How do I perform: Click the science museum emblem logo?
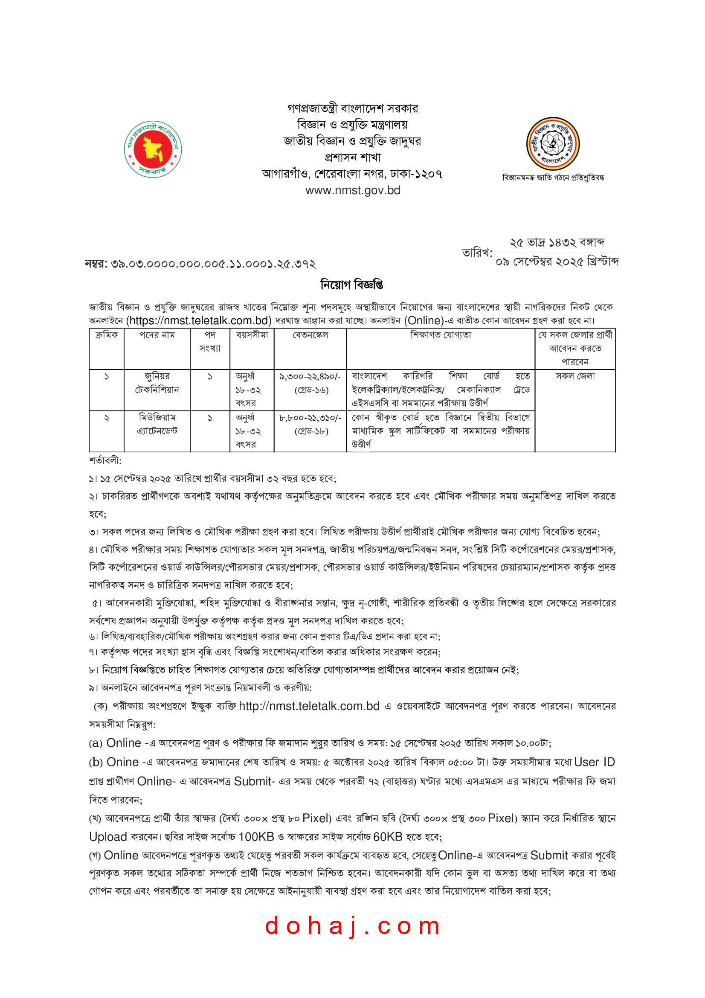pos(553,143)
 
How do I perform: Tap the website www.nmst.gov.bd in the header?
pos(352,190)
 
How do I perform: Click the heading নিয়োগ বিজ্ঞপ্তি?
pos(352,285)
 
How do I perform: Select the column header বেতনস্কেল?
pos(310,335)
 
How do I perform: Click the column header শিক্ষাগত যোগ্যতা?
pos(441,335)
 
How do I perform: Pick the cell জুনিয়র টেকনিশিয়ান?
pos(157,383)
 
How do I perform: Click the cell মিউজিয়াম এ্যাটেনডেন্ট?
pos(157,424)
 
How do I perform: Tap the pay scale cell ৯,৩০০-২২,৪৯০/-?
pos(310,376)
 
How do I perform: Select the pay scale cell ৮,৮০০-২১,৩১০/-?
pos(310,418)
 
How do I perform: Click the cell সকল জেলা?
pos(574,376)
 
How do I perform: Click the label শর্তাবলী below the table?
pos(105,460)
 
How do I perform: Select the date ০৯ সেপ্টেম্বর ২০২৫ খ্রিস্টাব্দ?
pos(557,262)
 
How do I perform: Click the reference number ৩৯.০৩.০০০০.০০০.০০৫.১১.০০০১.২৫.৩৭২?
pos(213,264)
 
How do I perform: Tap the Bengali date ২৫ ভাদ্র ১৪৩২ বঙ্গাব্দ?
pos(557,242)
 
